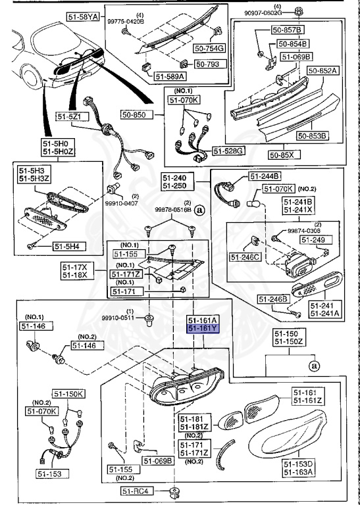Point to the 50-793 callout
point(211,64)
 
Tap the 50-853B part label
point(312,136)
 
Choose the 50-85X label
point(284,155)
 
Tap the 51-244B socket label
point(265,176)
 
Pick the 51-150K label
point(69,394)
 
